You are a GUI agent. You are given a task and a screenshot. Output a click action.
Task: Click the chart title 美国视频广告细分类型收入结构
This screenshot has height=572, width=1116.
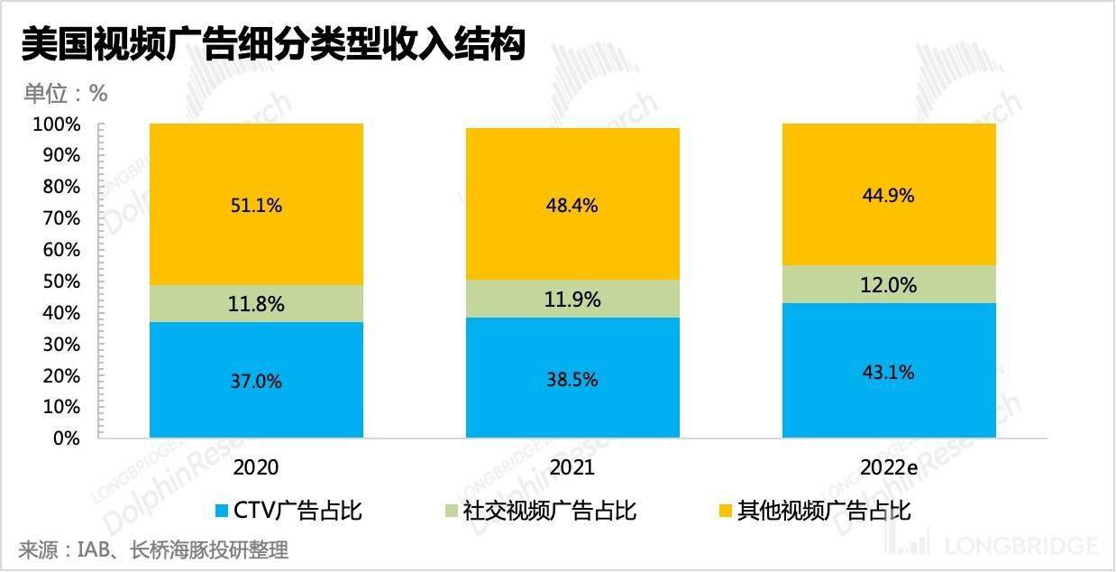click(x=272, y=44)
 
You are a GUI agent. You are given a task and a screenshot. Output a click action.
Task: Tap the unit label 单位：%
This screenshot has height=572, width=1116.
click(x=65, y=93)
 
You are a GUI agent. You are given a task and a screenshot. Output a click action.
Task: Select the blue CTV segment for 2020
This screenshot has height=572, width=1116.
click(x=256, y=381)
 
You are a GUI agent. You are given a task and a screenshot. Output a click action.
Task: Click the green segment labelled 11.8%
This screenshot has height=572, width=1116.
click(x=256, y=305)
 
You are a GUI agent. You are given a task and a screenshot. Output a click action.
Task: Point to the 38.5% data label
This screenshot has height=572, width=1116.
click(x=572, y=381)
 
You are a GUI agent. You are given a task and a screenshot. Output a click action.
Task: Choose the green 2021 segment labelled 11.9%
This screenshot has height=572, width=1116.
click(x=572, y=299)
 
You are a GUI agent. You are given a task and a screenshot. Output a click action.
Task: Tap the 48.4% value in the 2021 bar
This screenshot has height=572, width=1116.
click(x=572, y=206)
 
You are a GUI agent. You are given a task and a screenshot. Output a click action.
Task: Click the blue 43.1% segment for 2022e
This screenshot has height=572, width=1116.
click(x=889, y=372)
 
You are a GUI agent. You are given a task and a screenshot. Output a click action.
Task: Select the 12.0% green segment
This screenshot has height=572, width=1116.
click(x=889, y=285)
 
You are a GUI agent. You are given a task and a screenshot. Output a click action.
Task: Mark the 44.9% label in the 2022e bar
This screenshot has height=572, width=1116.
click(x=889, y=196)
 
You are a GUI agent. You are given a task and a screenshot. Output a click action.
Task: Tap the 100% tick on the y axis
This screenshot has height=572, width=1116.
click(x=57, y=125)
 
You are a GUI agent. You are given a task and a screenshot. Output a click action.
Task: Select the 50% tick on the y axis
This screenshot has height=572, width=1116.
click(x=61, y=281)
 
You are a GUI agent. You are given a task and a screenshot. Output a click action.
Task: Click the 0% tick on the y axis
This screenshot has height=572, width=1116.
click(x=66, y=438)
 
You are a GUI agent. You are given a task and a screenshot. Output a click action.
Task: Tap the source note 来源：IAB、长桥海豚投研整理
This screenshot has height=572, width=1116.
click(x=153, y=549)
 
